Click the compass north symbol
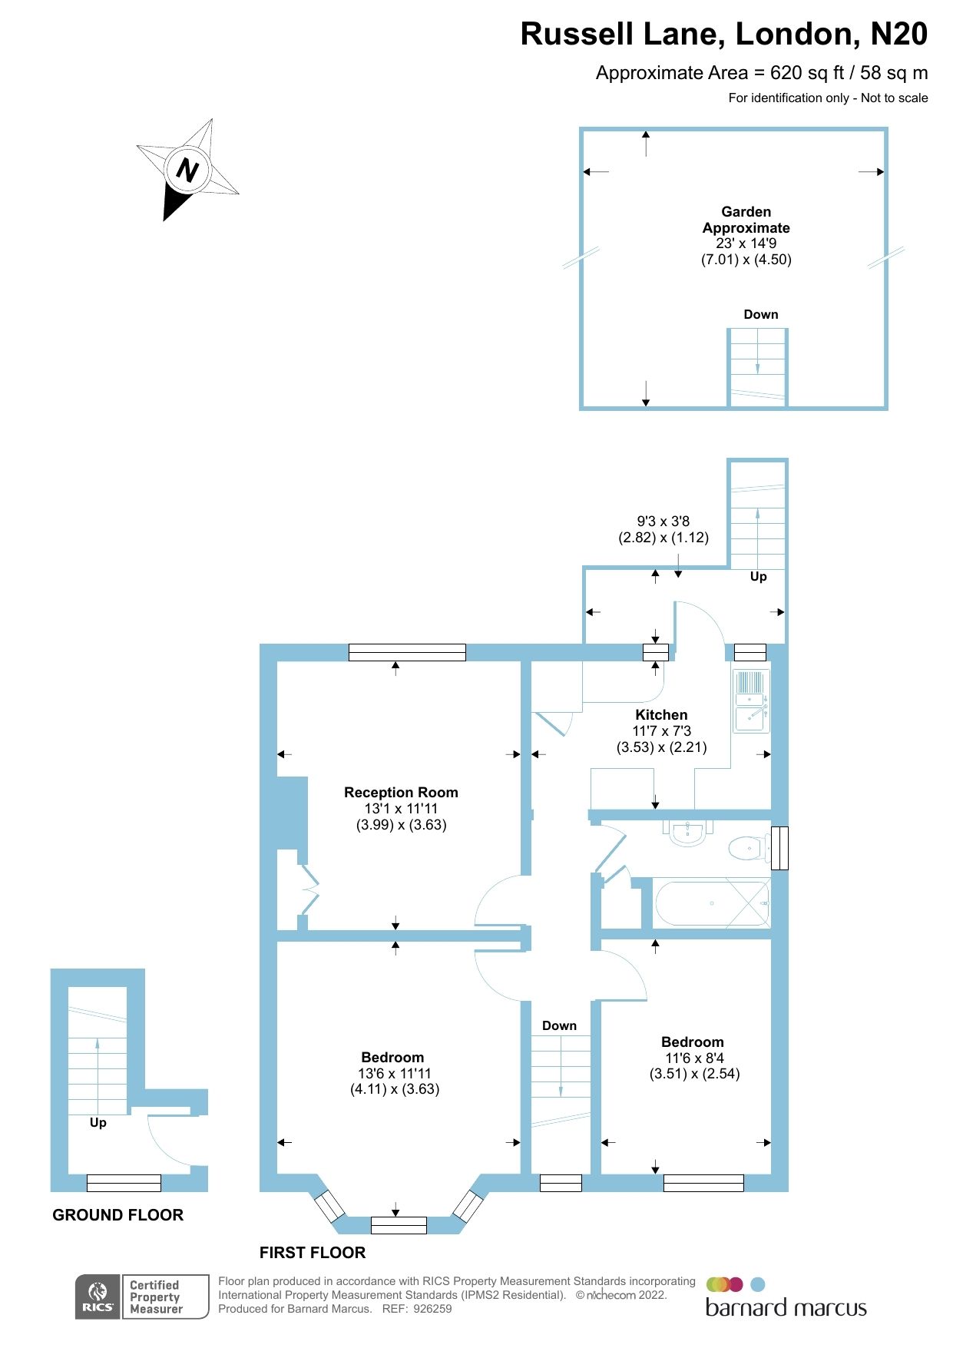[x=187, y=170]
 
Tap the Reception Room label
[x=401, y=792]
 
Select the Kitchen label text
[x=661, y=714]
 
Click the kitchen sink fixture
[x=750, y=700]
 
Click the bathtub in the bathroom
[x=711, y=903]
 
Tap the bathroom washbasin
[x=687, y=832]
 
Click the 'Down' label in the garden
[x=760, y=314]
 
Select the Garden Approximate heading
[x=746, y=220]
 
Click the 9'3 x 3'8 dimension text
[x=663, y=521]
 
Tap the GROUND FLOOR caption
[x=117, y=1214]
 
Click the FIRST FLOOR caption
[x=312, y=1252]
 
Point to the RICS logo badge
[x=98, y=1297]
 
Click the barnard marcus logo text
[x=786, y=1308]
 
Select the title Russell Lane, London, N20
[x=723, y=34]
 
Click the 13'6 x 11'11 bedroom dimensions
[x=394, y=1073]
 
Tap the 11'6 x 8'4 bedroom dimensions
[x=693, y=1058]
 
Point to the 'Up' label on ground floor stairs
[x=98, y=1122]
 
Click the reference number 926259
[x=432, y=1309]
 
